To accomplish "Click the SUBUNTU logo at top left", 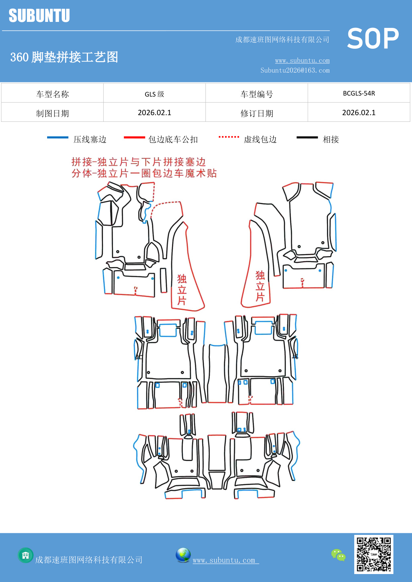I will point(39,16).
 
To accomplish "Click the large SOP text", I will point(372,38).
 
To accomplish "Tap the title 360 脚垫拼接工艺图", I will point(64,57).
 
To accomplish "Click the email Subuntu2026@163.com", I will point(295,70).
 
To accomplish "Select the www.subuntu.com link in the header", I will point(302,61).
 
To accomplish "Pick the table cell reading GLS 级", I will point(154,94).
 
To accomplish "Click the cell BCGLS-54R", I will point(359,93).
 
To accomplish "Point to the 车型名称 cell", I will point(52,94).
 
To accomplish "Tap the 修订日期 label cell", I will point(257,113).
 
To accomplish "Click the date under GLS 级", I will point(154,113).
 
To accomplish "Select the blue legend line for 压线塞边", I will point(58,137).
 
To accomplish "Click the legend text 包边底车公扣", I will point(173,139).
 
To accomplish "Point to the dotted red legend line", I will point(229,137).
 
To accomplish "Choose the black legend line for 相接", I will point(307,137).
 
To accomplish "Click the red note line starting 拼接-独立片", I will point(138,162).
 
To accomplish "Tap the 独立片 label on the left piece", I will point(182,289).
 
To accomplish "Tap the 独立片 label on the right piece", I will point(260,286).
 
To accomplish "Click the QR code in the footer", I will point(373,554).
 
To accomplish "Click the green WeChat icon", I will point(338,555).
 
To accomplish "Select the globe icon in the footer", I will point(183,555).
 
